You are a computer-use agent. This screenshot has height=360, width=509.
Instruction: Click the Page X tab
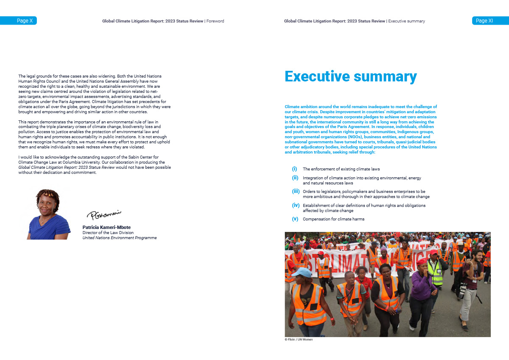coord(19,20)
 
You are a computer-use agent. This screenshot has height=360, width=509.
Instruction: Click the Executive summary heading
coord(350,77)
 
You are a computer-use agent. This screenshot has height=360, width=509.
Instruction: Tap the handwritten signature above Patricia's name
coord(104,215)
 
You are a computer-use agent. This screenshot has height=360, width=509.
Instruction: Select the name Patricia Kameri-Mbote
coord(106,227)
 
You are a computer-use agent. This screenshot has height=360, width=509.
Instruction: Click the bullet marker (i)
coord(294,169)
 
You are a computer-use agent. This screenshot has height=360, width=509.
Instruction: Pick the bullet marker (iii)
coord(296,192)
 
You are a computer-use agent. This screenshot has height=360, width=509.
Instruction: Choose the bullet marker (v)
coord(295,219)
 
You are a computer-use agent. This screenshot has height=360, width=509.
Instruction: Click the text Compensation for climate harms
coord(333,219)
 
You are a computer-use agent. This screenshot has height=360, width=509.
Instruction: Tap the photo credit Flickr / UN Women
coord(299,340)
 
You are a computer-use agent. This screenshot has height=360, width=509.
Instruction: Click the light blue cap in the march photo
coord(302,271)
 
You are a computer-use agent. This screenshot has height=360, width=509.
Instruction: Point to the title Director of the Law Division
coord(108,233)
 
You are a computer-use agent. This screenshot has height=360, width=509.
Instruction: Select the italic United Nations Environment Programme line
coord(119,238)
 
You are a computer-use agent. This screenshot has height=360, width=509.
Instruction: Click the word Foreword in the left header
coord(215,21)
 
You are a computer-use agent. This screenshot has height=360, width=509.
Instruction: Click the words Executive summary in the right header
coord(406,21)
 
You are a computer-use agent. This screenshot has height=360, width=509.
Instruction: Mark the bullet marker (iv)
coord(296,205)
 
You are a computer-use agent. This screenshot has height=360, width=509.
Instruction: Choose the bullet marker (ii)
coord(295,178)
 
